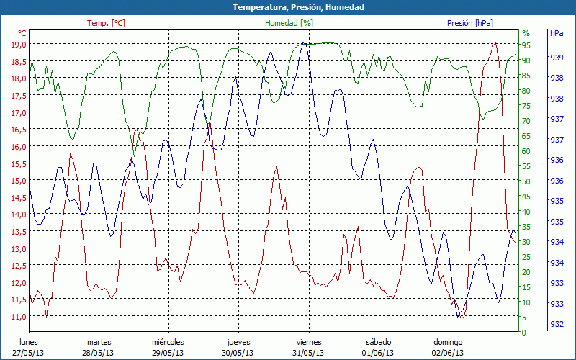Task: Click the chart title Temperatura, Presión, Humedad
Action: (288, 7)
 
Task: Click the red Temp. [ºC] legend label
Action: (106, 23)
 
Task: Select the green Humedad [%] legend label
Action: (289, 23)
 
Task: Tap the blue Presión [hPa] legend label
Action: (470, 23)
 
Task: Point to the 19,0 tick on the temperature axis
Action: (18, 45)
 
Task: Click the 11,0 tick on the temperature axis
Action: (18, 317)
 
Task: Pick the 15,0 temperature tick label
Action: (18, 181)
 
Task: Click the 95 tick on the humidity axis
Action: (526, 45)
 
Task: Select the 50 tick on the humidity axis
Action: (526, 181)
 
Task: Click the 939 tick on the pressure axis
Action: (556, 57)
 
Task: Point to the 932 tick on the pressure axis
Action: (556, 325)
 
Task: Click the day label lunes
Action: (29, 342)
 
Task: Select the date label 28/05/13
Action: (99, 353)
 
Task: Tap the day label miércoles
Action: (168, 342)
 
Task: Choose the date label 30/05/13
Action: (238, 353)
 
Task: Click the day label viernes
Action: (308, 342)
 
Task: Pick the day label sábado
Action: (378, 342)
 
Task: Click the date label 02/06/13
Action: (448, 353)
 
